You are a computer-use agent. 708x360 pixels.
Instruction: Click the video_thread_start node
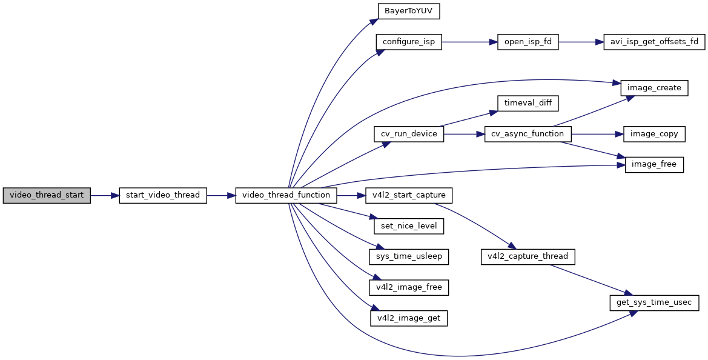coord(47,196)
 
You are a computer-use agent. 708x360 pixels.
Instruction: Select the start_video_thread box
coord(163,196)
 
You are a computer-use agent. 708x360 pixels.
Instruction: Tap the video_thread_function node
coord(286,196)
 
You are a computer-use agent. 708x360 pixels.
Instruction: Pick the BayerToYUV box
coord(409,12)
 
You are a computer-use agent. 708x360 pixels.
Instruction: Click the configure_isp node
coord(409,42)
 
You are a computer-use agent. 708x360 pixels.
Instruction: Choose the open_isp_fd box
coord(528,42)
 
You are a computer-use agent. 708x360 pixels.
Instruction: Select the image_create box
coord(654,88)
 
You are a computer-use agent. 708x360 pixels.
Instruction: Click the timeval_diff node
coord(528,103)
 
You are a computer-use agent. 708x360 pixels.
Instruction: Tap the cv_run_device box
coord(409,134)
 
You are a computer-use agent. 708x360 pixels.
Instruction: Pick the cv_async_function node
coord(528,134)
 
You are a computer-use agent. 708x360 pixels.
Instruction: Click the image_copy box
coord(654,134)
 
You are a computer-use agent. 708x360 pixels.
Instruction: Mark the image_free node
coord(654,165)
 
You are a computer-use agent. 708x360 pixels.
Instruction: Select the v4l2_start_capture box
coord(409,196)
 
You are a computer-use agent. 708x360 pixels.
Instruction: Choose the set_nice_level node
coord(409,226)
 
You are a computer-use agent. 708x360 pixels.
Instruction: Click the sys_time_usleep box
coord(409,256)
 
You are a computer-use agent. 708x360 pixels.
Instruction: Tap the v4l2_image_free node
coord(409,287)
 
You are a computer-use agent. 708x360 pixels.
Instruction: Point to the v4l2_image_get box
coord(409,318)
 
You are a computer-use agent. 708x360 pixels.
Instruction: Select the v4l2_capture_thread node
coord(528,256)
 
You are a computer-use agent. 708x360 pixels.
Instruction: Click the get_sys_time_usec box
coord(654,302)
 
